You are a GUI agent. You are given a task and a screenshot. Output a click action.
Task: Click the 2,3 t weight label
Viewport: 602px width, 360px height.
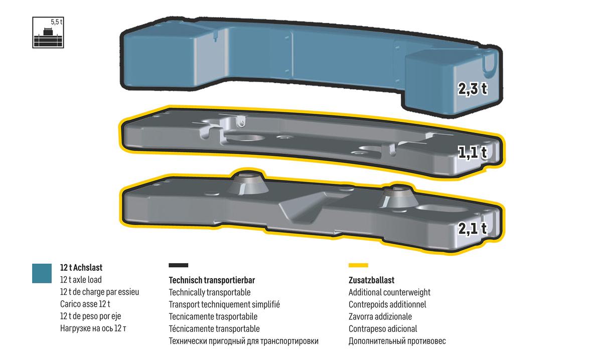click(x=473, y=89)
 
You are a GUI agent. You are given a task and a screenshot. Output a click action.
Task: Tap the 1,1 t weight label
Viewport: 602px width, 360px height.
click(x=473, y=152)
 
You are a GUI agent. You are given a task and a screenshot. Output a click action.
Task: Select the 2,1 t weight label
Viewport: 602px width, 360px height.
click(x=473, y=229)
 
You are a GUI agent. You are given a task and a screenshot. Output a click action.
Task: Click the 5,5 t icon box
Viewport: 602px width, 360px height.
click(x=48, y=33)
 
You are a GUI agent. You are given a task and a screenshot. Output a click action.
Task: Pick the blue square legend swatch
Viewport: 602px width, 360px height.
click(x=42, y=273)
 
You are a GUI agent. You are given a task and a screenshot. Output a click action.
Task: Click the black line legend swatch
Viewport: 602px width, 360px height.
click(x=179, y=265)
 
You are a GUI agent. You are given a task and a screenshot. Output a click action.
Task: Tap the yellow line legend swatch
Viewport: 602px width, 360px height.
click(x=358, y=265)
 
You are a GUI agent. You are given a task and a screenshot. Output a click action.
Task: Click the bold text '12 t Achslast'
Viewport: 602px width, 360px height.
click(x=81, y=268)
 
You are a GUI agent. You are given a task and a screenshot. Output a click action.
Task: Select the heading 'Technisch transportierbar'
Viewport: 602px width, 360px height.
click(x=212, y=280)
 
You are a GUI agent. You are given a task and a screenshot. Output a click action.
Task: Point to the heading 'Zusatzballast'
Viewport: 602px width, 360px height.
click(x=371, y=280)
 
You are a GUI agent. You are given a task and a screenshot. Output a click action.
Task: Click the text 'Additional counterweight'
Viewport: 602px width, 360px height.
click(x=389, y=292)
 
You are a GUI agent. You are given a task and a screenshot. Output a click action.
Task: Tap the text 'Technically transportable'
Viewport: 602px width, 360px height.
click(x=210, y=292)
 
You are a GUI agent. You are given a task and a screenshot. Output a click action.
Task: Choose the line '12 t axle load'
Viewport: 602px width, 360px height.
click(x=81, y=280)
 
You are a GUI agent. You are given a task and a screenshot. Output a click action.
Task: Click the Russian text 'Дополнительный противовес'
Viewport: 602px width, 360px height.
click(x=397, y=341)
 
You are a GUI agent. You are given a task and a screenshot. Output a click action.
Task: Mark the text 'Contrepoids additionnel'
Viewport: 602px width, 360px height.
click(x=387, y=304)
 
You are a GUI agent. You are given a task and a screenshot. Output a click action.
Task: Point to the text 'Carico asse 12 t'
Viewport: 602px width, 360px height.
click(x=85, y=304)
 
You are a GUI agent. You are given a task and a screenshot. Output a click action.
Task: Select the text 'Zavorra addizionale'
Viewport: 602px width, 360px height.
click(x=380, y=316)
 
